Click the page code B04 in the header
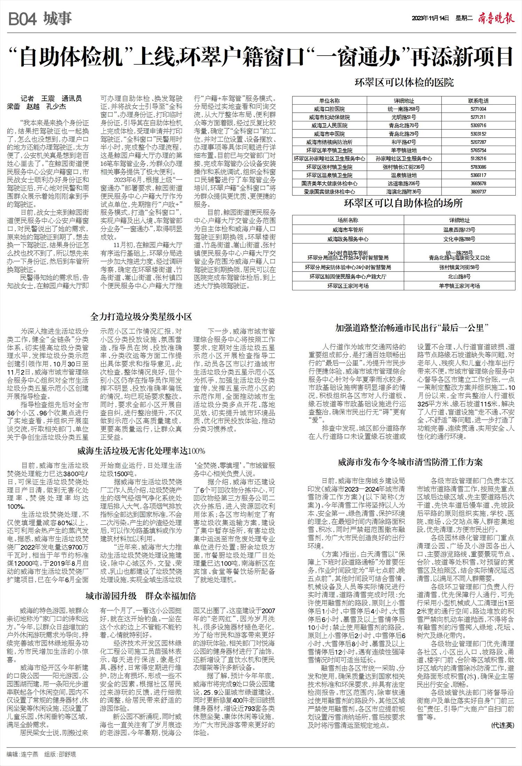point(22,19)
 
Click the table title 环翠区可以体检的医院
point(404,83)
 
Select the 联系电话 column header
point(478,101)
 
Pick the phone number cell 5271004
point(478,109)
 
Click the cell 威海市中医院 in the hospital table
point(329,134)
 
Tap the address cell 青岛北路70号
point(404,126)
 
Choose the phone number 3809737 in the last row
point(478,192)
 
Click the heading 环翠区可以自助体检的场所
point(403,203)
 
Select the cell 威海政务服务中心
point(348,239)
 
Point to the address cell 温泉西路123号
point(459,230)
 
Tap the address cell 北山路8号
point(459,277)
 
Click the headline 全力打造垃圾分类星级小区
point(141,317)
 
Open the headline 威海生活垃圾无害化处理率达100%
point(141,451)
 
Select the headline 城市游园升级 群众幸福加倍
point(141,596)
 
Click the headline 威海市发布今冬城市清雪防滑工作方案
point(410,462)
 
